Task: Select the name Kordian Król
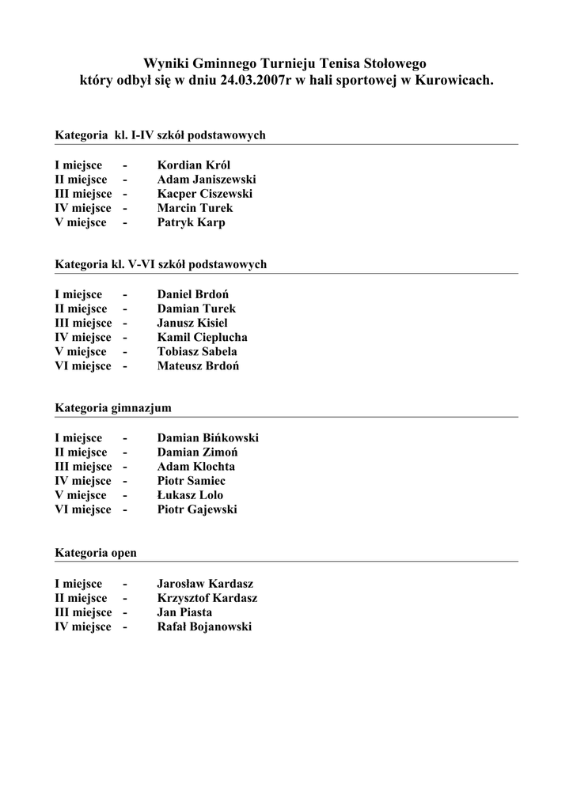pyautogui.click(x=194, y=165)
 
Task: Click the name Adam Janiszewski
pyautogui.click(x=207, y=180)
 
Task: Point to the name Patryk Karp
pyautogui.click(x=192, y=222)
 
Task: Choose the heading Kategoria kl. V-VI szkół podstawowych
pyautogui.click(x=161, y=264)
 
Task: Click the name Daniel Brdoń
pyautogui.click(x=193, y=294)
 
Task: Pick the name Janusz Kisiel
pyautogui.click(x=192, y=323)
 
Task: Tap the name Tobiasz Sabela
pyautogui.click(x=197, y=351)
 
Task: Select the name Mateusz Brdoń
pyautogui.click(x=199, y=365)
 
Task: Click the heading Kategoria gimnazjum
pyautogui.click(x=113, y=408)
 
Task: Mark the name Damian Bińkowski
pyautogui.click(x=208, y=437)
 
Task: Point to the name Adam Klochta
pyautogui.click(x=196, y=467)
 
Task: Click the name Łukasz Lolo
pyautogui.click(x=190, y=495)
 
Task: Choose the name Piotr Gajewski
pyautogui.click(x=197, y=509)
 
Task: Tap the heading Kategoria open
pyautogui.click(x=96, y=553)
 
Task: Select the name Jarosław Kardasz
pyautogui.click(x=205, y=584)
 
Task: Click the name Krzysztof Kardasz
pyautogui.click(x=207, y=598)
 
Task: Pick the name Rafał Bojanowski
pyautogui.click(x=204, y=626)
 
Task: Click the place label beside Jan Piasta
pyautogui.click(x=83, y=612)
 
